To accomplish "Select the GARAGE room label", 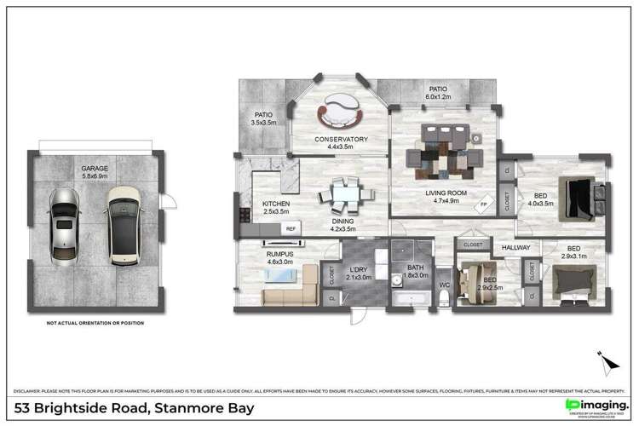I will (95, 169).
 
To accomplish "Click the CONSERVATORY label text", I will (341, 139).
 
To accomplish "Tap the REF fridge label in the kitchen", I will (290, 228).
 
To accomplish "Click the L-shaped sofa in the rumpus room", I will (289, 296).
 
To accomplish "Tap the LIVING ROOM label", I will (446, 194).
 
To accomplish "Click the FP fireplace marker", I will (483, 204).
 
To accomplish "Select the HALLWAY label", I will (516, 248).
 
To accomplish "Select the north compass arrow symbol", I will (607, 364).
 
